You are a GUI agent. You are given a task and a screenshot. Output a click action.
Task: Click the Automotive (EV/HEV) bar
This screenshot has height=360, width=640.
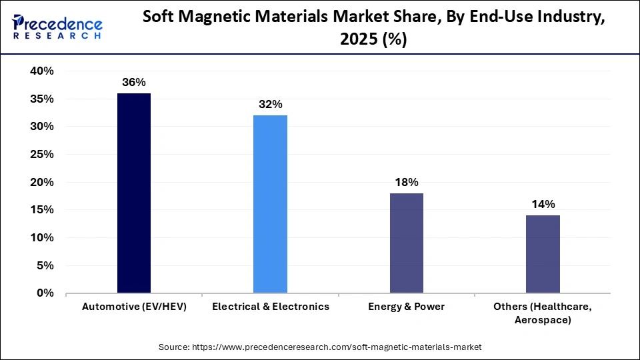click(133, 193)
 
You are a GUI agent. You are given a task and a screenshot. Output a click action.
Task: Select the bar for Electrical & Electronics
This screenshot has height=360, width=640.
click(270, 204)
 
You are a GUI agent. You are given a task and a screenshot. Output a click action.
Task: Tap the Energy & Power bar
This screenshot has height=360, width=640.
click(406, 243)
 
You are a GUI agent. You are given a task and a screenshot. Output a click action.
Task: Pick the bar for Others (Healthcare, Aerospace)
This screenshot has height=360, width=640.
click(543, 254)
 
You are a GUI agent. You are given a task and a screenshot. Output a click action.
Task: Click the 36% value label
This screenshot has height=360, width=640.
click(133, 83)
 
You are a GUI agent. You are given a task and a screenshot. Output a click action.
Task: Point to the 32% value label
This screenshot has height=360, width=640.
click(270, 105)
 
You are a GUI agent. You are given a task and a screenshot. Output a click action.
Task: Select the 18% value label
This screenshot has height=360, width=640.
click(406, 182)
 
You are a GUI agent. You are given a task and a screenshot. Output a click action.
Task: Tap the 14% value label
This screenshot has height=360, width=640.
click(543, 205)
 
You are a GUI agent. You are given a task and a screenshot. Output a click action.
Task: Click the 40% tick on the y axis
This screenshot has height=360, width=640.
click(41, 71)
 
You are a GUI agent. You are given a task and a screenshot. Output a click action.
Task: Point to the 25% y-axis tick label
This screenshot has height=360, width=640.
click(41, 155)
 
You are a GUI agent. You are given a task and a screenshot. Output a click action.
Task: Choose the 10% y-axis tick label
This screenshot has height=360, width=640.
click(41, 238)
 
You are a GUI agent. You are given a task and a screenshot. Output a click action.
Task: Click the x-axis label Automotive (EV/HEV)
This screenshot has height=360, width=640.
click(133, 307)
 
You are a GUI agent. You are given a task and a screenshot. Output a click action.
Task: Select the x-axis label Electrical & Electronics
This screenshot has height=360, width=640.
click(270, 307)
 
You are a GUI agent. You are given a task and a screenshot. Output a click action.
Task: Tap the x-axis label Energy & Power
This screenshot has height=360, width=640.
click(406, 307)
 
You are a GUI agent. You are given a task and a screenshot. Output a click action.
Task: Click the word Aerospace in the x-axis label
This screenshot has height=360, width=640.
click(543, 320)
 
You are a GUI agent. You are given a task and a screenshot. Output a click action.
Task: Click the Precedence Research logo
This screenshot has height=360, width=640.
click(57, 27)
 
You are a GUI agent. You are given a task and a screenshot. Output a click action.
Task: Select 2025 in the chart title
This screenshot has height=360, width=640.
click(355, 40)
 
